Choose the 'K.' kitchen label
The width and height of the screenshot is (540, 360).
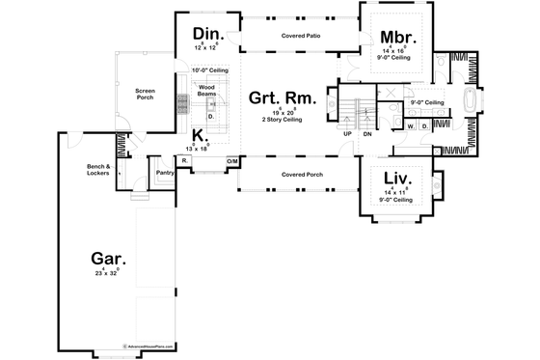point(197,135)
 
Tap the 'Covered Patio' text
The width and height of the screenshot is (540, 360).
point(301,35)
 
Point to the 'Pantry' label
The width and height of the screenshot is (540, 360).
point(163,175)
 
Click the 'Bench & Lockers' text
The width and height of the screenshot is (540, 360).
point(99,170)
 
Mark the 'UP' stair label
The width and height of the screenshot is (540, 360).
point(347,134)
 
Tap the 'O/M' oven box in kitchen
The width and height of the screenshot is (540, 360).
point(231,160)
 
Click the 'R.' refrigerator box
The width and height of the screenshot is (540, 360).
point(183,160)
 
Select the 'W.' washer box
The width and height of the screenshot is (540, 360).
point(410,125)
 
